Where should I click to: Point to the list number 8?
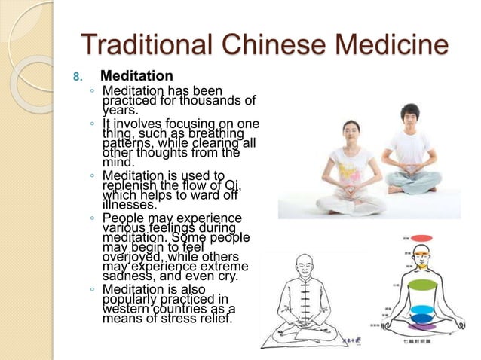click(x=75, y=77)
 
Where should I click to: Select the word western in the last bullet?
click(x=130, y=308)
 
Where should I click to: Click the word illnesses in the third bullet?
click(x=130, y=203)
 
